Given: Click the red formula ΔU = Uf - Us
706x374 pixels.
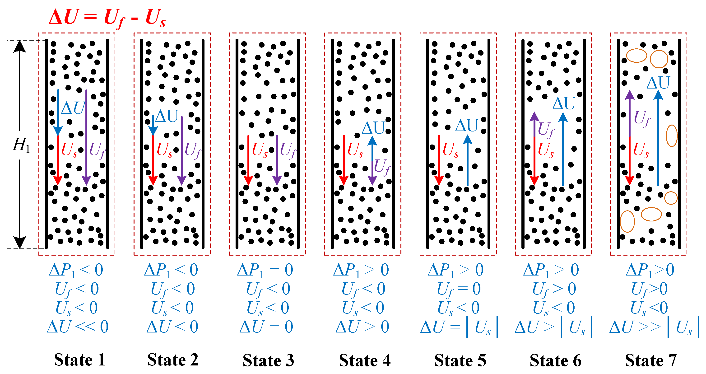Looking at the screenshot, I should (107, 18).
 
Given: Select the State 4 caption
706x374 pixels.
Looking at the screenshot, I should (365, 360).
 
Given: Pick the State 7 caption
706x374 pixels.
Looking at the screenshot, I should (651, 360).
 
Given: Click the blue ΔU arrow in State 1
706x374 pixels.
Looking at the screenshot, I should (58, 112).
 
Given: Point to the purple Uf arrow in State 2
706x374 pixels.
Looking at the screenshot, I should (182, 151).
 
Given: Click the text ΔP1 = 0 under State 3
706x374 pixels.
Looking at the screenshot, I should (265, 270).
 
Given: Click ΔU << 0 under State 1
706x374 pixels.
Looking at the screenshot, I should (78, 327).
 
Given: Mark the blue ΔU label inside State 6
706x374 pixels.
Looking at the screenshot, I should (564, 103).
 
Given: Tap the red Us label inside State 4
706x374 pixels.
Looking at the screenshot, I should (355, 150).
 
